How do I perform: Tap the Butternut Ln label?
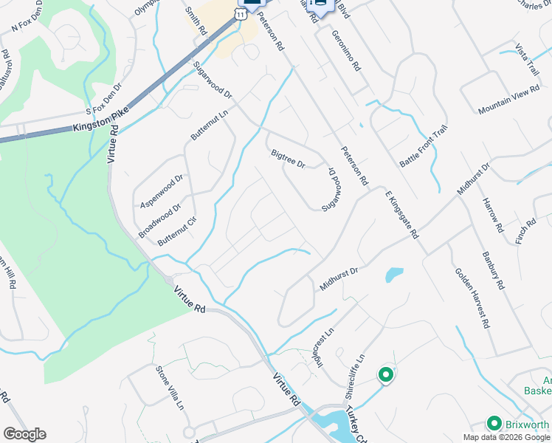[x=210, y=123]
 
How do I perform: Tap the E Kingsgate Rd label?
[x=402, y=214]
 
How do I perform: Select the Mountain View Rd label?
[x=509, y=100]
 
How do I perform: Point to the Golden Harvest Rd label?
[x=472, y=298]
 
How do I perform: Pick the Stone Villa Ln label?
[x=169, y=387]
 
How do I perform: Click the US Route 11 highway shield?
[x=241, y=13]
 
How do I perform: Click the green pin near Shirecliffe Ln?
[x=384, y=375]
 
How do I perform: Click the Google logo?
[x=24, y=434]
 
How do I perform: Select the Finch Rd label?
[x=526, y=230]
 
